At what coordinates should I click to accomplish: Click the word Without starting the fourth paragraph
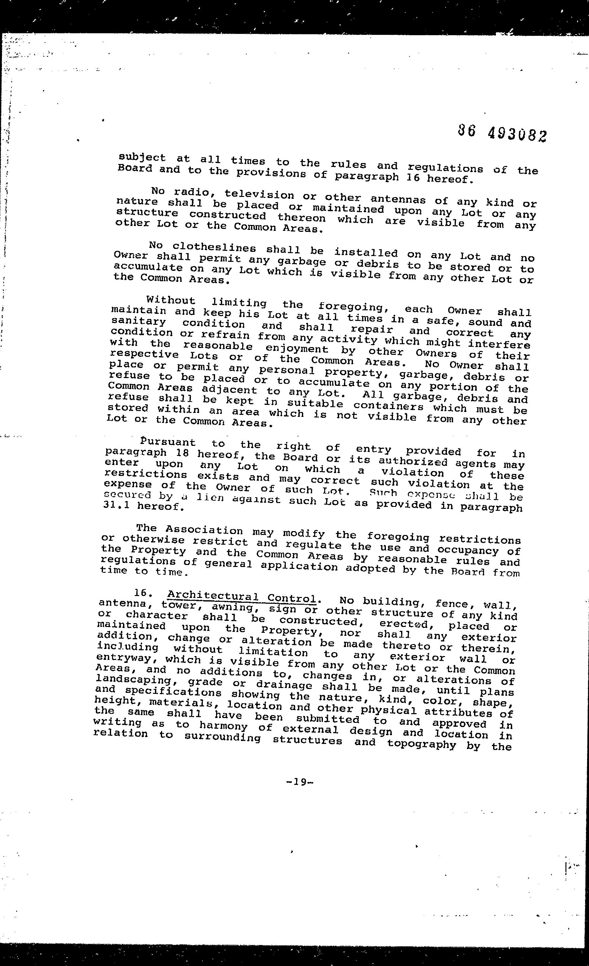point(170,301)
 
